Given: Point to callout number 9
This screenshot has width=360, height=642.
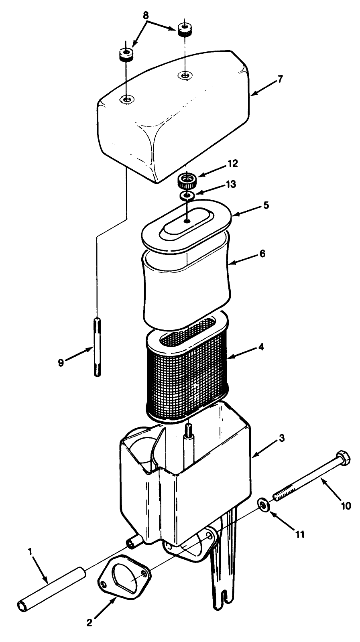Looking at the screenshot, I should pyautogui.click(x=61, y=362).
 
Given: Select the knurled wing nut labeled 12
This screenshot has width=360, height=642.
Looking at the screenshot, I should pyautogui.click(x=186, y=179).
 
